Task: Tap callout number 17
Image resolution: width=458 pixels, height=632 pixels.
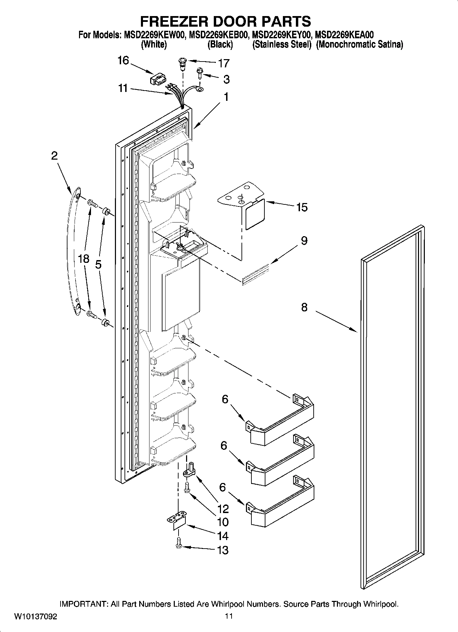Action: [224, 63]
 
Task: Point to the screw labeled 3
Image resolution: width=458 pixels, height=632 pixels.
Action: [199, 73]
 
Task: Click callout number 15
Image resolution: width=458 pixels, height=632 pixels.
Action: [302, 207]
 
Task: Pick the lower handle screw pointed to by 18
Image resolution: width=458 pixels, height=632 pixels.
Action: [92, 313]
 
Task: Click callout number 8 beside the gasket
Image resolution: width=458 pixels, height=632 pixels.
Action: [304, 307]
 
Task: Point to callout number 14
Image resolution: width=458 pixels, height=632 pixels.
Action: [223, 536]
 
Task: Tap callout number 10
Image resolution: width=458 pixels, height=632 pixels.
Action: [223, 522]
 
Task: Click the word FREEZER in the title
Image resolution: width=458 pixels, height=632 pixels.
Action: [175, 21]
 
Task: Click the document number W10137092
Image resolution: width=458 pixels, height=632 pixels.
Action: [36, 617]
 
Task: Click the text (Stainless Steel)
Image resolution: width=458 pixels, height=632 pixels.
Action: [282, 44]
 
